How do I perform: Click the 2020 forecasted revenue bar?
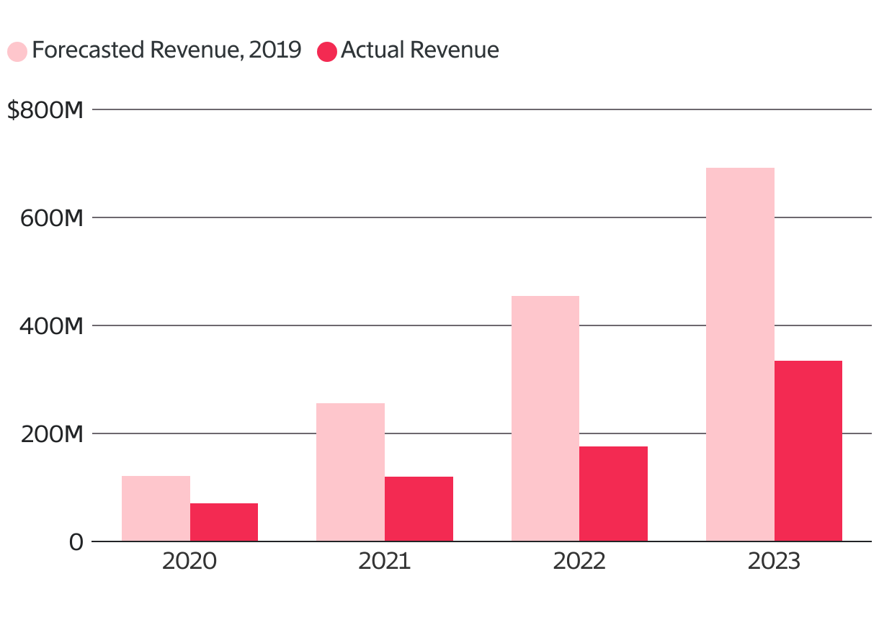[x=156, y=508]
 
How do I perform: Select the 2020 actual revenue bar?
[x=224, y=522]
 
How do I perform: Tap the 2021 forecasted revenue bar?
[x=350, y=472]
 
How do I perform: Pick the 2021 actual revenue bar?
[x=419, y=508]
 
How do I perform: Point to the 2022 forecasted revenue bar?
[x=545, y=418]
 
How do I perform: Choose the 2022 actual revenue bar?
[x=613, y=493]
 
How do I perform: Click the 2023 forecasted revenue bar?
[x=740, y=354]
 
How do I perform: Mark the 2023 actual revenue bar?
[x=808, y=451]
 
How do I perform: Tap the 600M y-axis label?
[x=51, y=218]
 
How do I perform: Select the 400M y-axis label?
[x=51, y=326]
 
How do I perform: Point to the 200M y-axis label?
[x=51, y=434]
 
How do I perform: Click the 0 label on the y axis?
[x=76, y=542]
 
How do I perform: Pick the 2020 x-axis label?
[x=189, y=562]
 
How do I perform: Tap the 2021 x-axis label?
[x=384, y=562]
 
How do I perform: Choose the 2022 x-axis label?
[x=579, y=562]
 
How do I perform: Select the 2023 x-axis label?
[x=774, y=562]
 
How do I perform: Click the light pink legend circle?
[x=17, y=52]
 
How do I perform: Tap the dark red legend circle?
[x=327, y=52]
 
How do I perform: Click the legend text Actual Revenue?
[x=420, y=50]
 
